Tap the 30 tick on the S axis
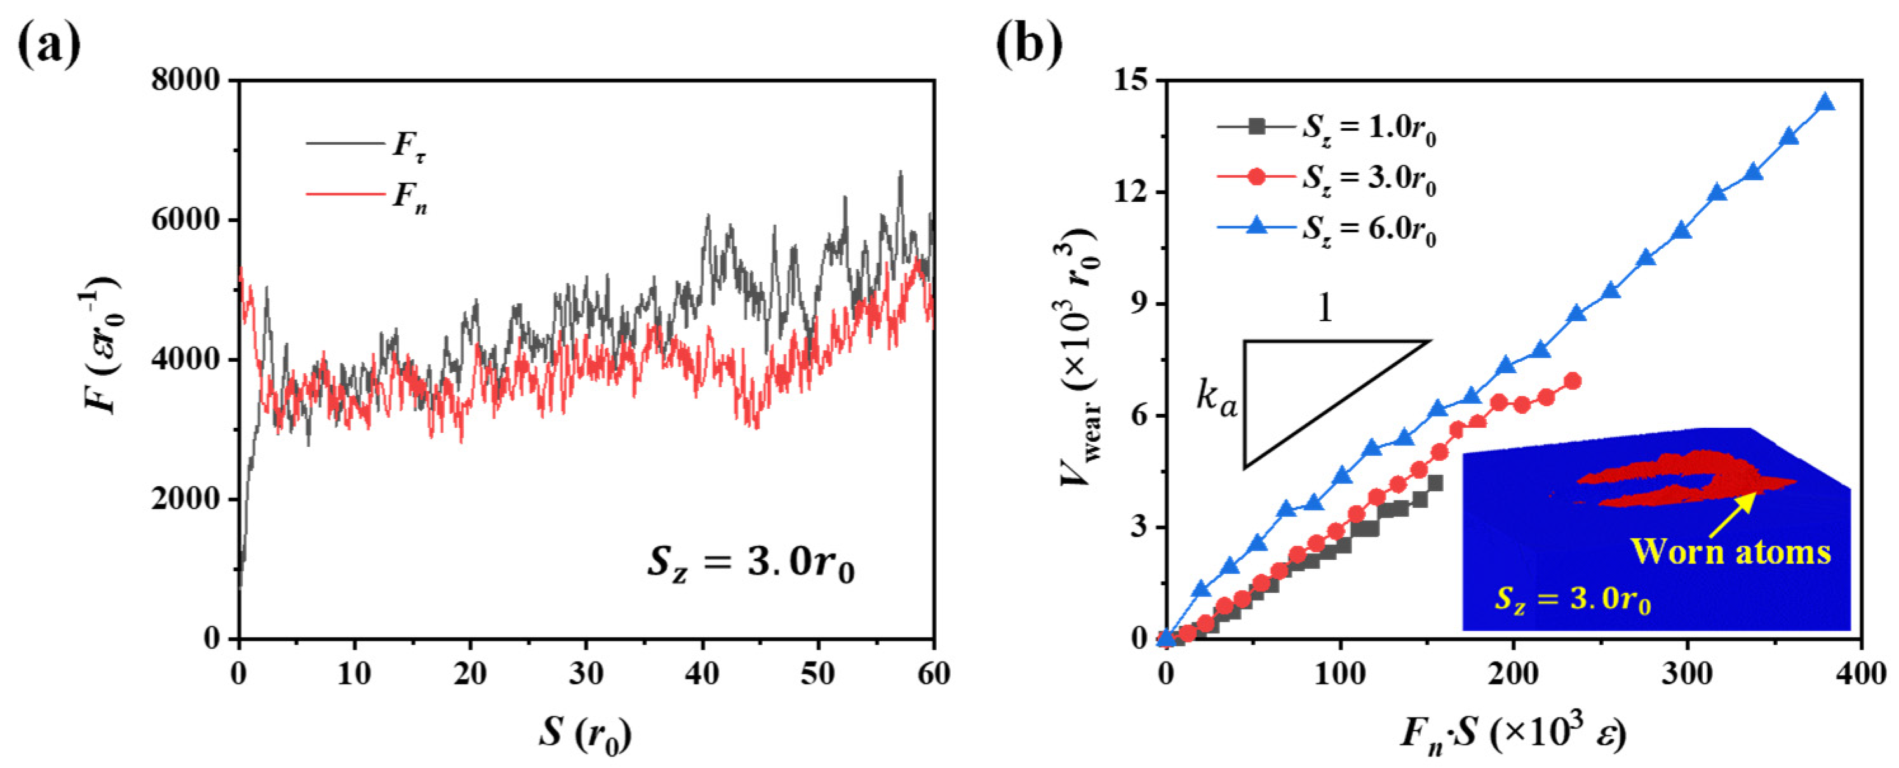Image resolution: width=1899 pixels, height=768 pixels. [586, 673]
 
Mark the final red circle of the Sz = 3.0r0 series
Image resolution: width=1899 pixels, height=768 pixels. [1573, 381]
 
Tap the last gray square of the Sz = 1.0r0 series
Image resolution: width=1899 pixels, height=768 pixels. [1435, 483]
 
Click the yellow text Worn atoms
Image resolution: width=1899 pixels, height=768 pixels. [1730, 552]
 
